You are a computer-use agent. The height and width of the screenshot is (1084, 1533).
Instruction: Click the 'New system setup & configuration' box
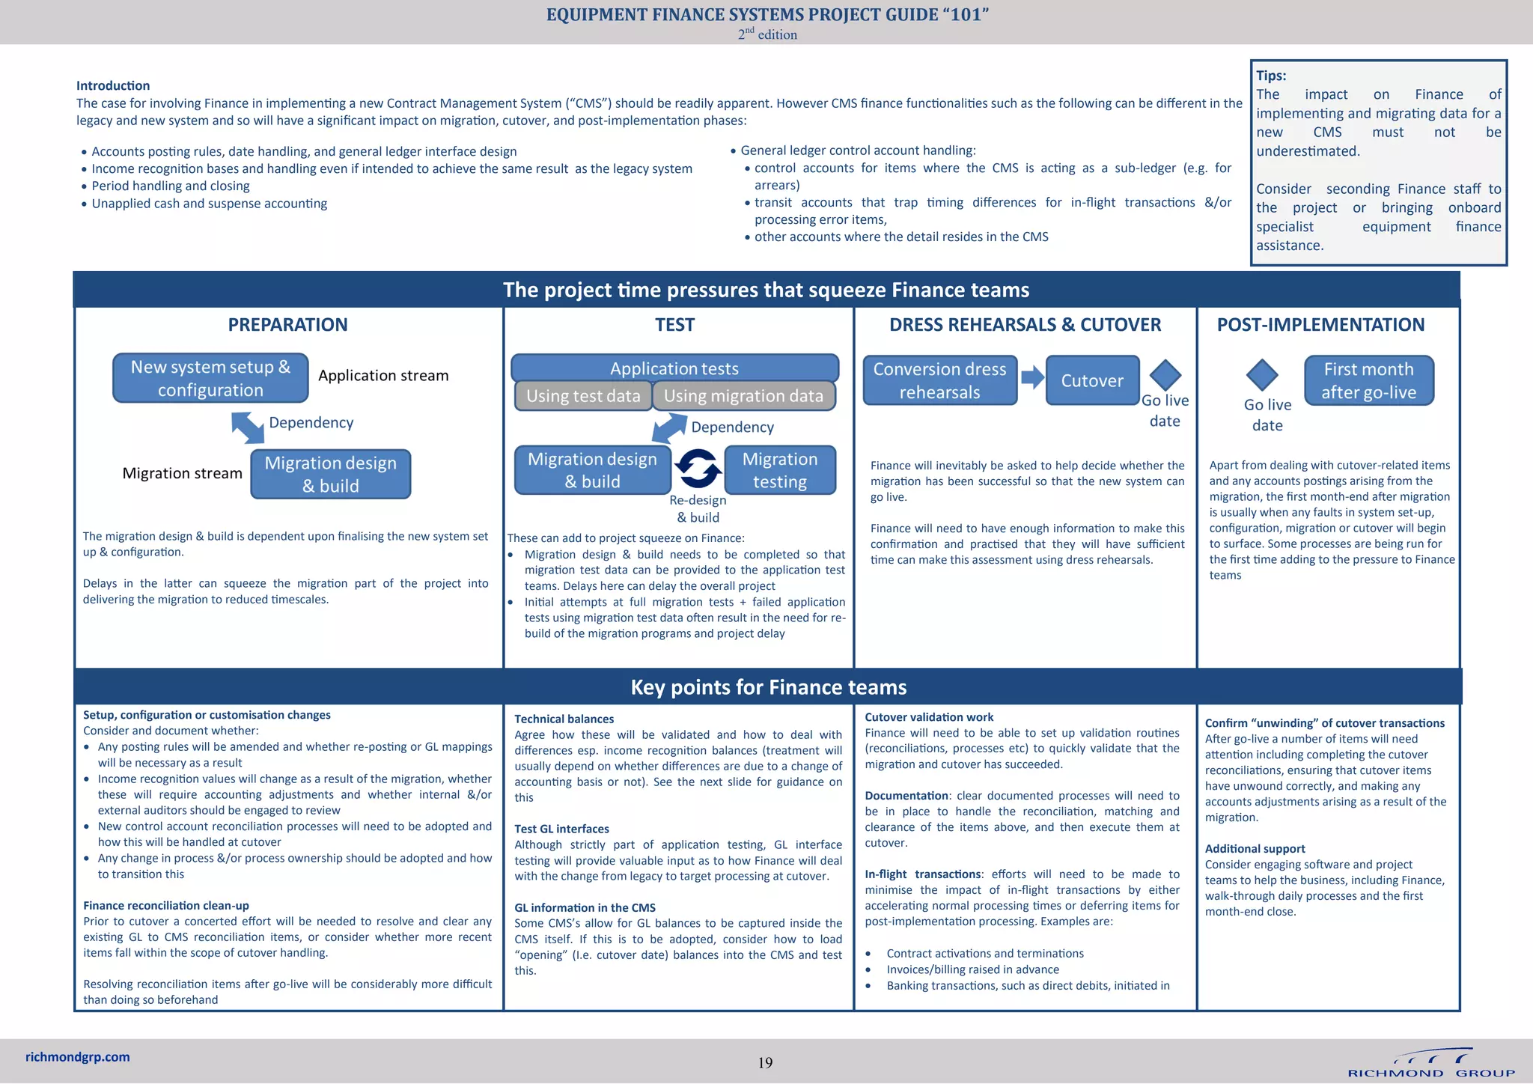tap(210, 378)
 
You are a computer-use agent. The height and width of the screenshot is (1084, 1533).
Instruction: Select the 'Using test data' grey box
tap(583, 396)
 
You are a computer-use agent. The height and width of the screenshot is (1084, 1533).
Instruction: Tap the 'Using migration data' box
tap(743, 396)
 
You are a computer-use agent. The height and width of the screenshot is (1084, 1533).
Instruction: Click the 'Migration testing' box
tap(779, 470)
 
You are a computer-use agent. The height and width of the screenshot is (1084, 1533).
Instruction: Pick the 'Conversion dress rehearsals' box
tap(939, 380)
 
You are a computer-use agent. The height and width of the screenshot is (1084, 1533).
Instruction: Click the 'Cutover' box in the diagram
tap(1092, 380)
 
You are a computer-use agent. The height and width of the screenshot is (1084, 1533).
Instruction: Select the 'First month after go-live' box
tap(1368, 380)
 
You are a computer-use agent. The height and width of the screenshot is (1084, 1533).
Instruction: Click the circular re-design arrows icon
tap(698, 469)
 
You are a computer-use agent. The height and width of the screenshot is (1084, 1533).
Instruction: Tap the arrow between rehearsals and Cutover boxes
tap(1032, 377)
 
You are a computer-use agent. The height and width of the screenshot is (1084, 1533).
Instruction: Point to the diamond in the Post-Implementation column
tap(1262, 374)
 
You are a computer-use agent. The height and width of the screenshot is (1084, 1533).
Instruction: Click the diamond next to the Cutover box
tap(1165, 374)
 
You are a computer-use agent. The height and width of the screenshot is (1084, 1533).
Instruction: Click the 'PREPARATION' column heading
tap(287, 325)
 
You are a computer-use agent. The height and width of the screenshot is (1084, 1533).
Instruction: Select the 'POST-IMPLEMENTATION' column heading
tap(1320, 325)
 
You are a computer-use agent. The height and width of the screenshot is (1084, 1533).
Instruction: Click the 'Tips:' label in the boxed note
tap(1271, 76)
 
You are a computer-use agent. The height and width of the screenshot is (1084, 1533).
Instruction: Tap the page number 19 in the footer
tap(765, 1063)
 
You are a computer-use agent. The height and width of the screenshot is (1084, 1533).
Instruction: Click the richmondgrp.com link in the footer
tap(78, 1057)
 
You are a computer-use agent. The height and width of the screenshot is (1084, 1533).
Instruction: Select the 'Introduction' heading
tap(113, 86)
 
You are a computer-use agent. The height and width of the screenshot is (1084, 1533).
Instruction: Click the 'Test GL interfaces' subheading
tap(561, 829)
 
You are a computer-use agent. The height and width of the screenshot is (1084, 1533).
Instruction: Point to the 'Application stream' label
tap(383, 376)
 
